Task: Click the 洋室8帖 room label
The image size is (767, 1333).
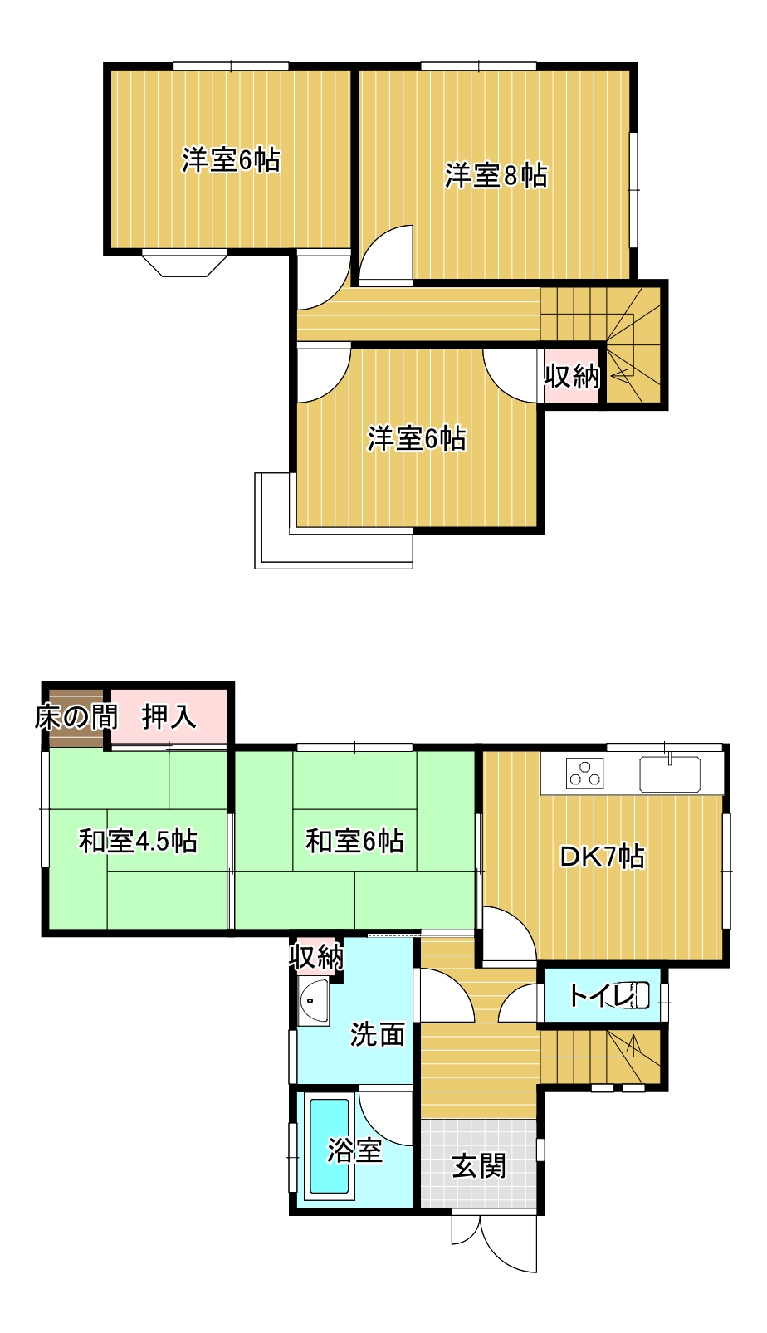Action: pos(496,176)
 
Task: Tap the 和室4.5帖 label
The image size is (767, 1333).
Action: pos(138,842)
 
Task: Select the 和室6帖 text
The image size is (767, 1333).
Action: pos(354,842)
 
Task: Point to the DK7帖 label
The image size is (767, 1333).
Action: pos(602,857)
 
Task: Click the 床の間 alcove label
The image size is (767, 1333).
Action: pos(76,717)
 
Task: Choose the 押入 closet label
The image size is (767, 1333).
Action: pos(169,717)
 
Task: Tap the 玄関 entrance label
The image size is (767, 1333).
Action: pos(479,1166)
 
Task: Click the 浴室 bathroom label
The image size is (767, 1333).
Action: pos(354,1150)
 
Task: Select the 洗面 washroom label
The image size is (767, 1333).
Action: pos(377,1034)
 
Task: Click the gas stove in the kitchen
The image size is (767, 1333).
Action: pos(584,773)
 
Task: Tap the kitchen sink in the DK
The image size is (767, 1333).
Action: pos(669,774)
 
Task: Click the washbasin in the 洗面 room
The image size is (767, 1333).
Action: pos(313,1002)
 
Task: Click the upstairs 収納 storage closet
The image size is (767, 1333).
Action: pos(571,376)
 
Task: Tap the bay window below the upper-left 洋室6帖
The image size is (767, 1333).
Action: pos(184,266)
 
